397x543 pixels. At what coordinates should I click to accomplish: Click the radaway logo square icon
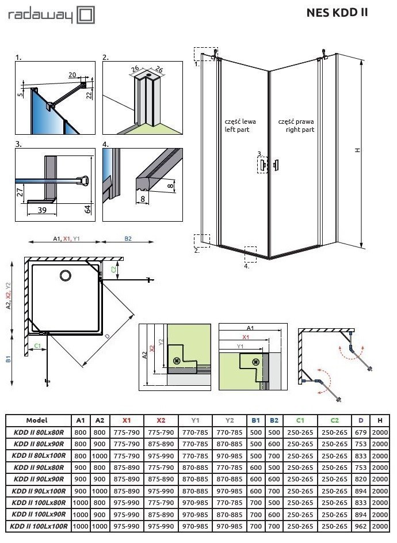click(86, 16)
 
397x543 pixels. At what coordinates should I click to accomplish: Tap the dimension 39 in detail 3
click(41, 211)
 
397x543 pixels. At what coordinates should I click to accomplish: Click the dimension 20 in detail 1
click(72, 75)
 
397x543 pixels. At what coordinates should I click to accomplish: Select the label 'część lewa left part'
click(240, 126)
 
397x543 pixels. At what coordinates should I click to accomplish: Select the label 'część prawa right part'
click(296, 126)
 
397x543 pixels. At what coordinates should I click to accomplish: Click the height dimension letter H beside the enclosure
click(357, 150)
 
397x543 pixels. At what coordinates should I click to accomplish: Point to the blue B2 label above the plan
click(128, 238)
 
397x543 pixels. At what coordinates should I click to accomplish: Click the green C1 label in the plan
click(37, 345)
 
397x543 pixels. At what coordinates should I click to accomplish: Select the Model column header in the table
click(37, 420)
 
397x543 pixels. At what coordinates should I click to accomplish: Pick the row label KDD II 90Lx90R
click(39, 479)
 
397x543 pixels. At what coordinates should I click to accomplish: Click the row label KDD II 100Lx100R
click(39, 526)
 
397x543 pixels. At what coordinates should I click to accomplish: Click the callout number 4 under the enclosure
click(246, 267)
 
